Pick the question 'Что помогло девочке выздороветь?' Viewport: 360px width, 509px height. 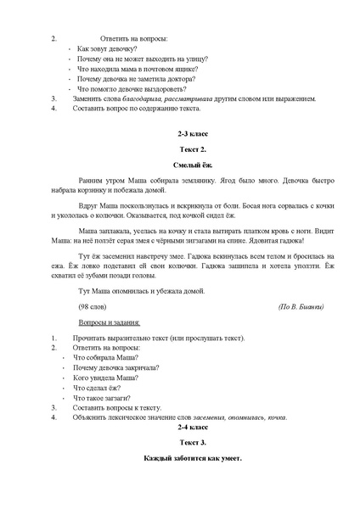click(132, 88)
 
